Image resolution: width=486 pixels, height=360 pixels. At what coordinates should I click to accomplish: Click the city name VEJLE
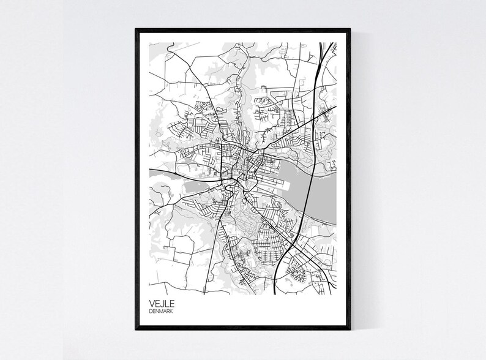tap(160, 303)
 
